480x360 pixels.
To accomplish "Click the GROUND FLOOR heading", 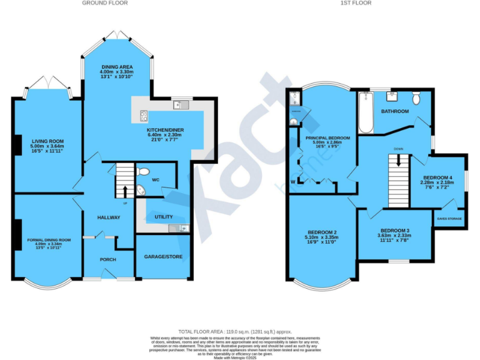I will pos(105,3).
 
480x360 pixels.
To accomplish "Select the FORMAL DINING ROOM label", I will pos(49,239).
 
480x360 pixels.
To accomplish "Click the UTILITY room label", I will pos(164,217).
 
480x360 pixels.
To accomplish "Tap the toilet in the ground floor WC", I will pos(143,171).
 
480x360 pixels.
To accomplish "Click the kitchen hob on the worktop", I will pos(144,114).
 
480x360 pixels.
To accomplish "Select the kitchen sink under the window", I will pos(181,104).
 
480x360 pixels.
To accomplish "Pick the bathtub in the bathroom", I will pos(366,112).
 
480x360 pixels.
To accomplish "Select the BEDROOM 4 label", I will pos(437,177).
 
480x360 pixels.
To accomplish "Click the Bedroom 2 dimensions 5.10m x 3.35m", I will pos(322,237).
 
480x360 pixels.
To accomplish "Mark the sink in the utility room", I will pos(182,227).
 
